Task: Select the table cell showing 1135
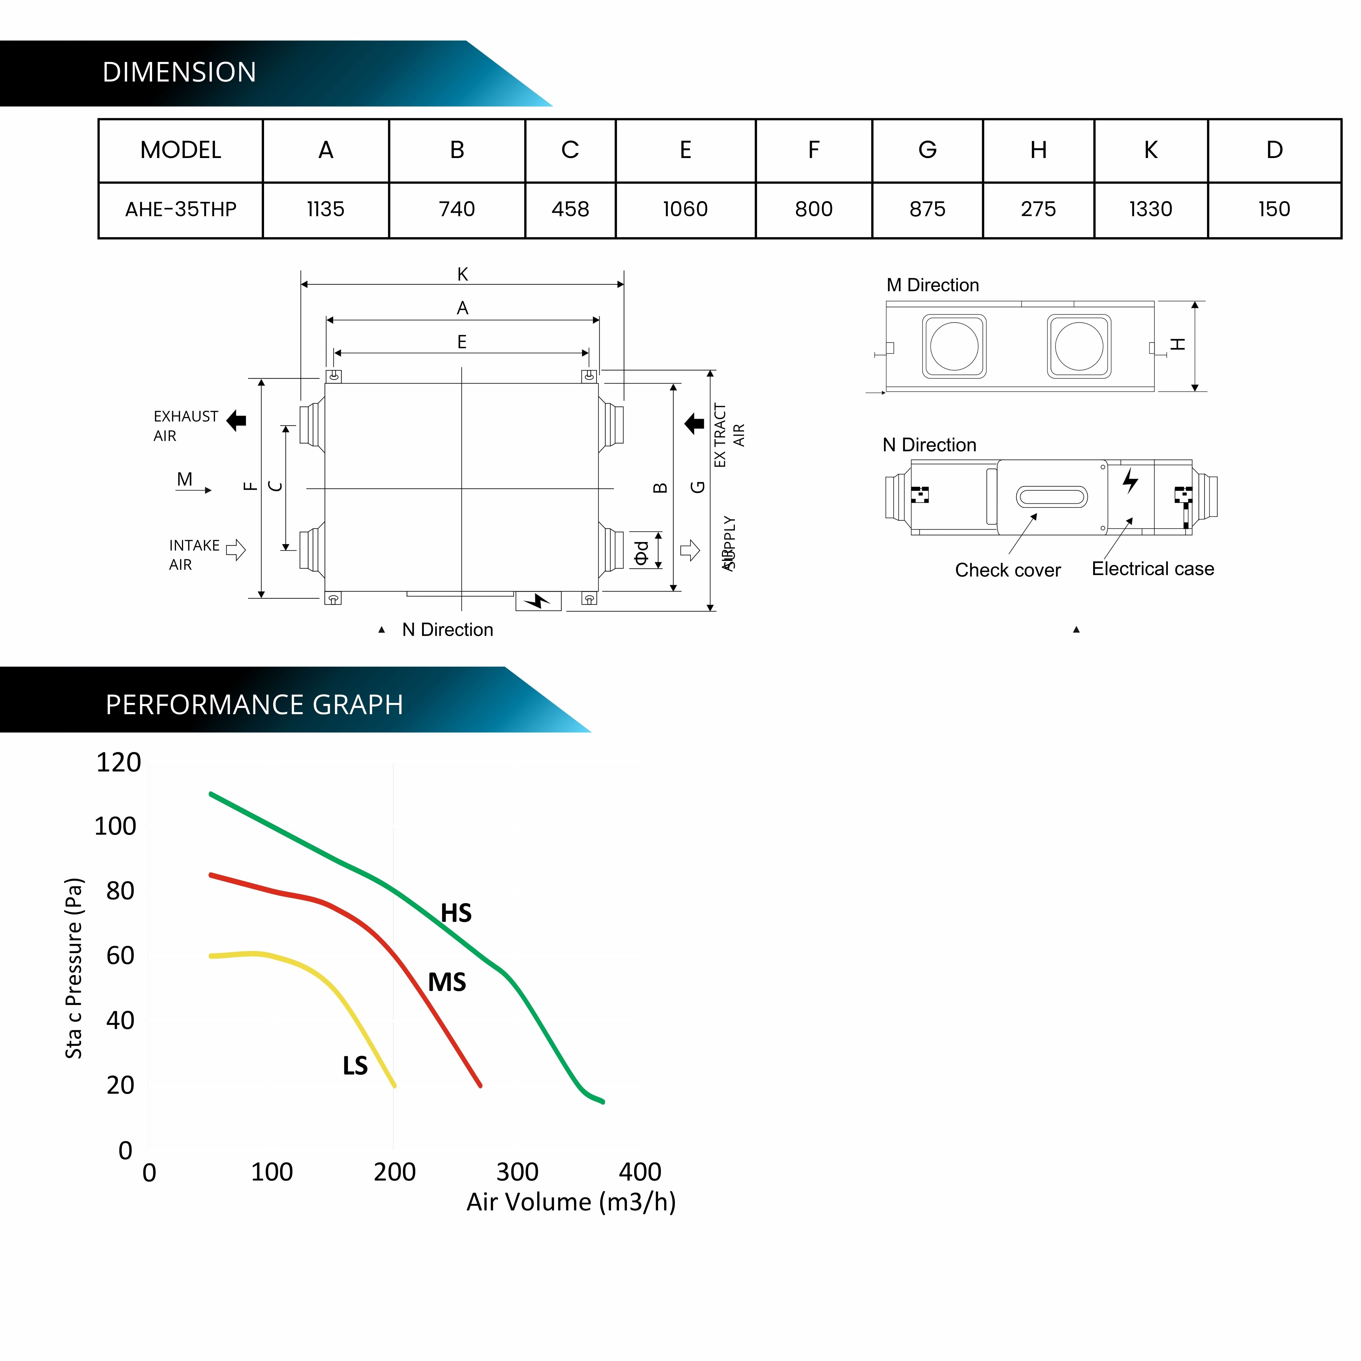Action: click(325, 209)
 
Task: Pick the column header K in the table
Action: click(1150, 150)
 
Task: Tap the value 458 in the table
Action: click(570, 209)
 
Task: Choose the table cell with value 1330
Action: click(1150, 209)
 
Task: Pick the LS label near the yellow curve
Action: click(355, 1066)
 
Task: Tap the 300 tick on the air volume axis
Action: click(517, 1172)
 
